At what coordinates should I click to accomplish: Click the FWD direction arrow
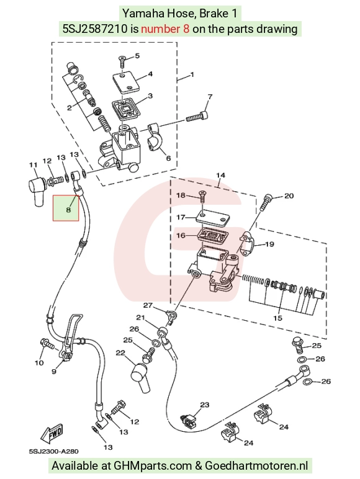(53, 434)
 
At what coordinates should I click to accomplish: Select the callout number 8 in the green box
(68, 210)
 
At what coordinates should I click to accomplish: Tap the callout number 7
(210, 97)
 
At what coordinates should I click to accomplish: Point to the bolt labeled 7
(198, 117)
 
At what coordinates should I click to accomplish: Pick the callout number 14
(220, 175)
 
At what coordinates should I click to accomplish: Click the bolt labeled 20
(264, 202)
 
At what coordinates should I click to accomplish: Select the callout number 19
(269, 244)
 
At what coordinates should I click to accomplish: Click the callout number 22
(120, 353)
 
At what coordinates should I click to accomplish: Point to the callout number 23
(205, 405)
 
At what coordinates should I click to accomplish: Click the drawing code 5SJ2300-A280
(54, 451)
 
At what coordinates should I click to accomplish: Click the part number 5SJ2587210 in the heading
(95, 29)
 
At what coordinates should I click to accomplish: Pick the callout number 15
(277, 318)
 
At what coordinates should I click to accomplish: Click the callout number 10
(39, 362)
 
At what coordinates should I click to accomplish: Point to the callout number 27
(148, 305)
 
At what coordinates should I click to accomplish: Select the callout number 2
(70, 107)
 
